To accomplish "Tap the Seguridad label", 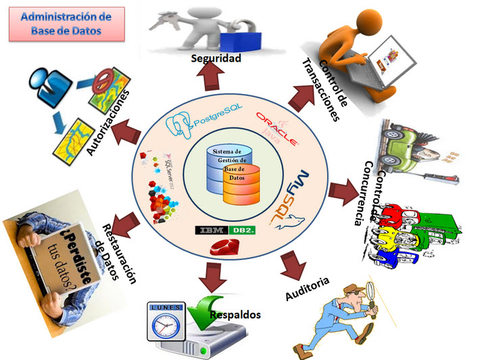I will [x=216, y=58].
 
